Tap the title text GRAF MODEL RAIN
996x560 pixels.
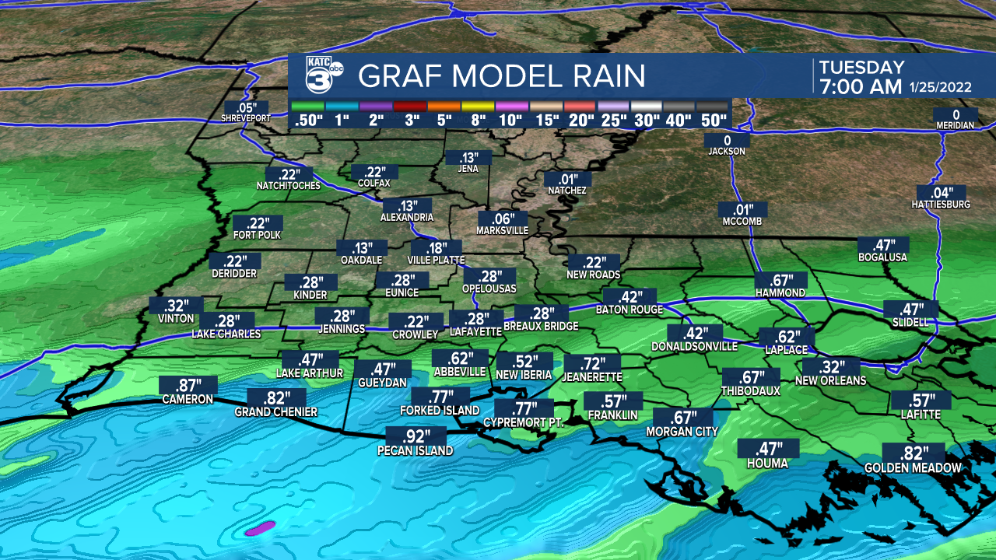501,76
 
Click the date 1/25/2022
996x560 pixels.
941,88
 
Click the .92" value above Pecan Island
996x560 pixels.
415,436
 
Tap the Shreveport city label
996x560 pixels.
245,118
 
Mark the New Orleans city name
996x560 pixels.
830,380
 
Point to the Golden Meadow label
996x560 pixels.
913,468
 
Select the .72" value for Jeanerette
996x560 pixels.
593,362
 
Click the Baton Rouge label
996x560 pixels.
629,310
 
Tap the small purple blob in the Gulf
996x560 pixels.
259,528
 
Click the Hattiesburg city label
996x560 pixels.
941,205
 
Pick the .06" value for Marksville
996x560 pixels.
503,219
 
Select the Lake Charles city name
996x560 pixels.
226,334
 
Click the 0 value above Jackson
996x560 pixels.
727,140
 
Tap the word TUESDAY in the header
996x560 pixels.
861,68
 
